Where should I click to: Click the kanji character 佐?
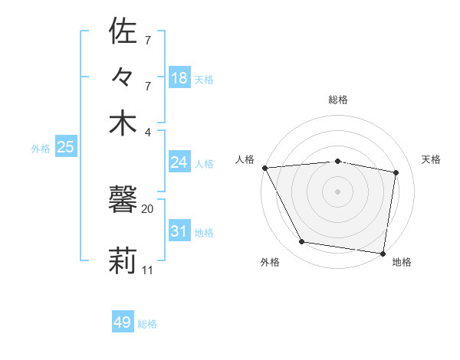coord(123,32)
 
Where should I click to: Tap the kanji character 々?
coord(123,77)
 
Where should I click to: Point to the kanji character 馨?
coord(123,201)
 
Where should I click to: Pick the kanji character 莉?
coord(123,259)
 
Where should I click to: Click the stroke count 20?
coord(147,208)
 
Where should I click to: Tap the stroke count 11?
coord(148,270)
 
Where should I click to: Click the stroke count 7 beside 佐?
coord(148,40)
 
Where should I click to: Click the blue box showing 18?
coord(179,77)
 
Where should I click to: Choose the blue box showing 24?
coord(179,162)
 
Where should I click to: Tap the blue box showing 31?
coord(179,231)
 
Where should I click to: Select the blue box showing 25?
coord(65,147)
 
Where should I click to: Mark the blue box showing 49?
coord(123,322)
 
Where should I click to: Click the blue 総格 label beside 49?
coord(147,324)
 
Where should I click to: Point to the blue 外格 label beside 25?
coord(41,149)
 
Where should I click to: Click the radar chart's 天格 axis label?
coord(431,159)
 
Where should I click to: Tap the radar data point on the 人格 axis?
coord(265,168)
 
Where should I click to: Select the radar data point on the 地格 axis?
coord(383,253)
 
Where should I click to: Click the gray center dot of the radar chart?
coord(337,191)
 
